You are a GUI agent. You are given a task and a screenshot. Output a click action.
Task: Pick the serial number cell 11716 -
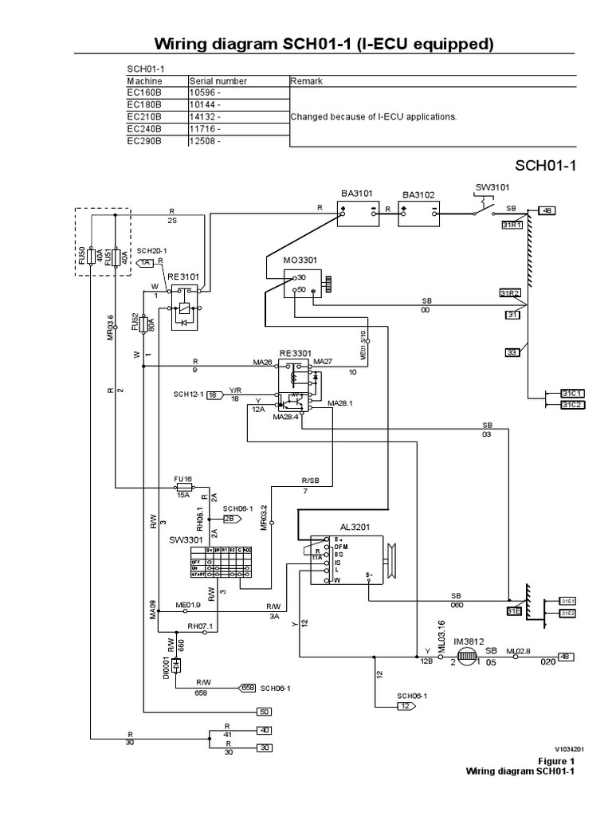click(x=206, y=128)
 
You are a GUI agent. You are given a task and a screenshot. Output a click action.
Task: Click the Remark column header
click(x=307, y=81)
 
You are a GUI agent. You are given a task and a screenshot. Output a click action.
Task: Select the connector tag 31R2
click(x=510, y=293)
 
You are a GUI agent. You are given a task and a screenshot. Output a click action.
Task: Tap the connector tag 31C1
click(x=572, y=394)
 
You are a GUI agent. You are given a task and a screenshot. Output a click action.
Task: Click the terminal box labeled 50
click(x=263, y=712)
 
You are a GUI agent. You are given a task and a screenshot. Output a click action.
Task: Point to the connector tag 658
click(x=248, y=686)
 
